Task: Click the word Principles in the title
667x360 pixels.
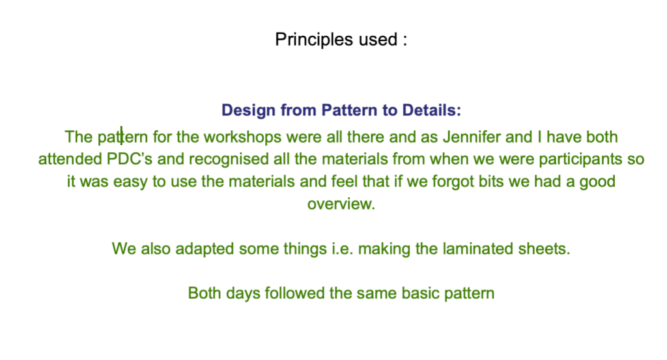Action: click(x=314, y=40)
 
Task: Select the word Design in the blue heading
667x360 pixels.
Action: click(x=248, y=111)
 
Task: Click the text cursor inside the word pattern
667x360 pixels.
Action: click(x=121, y=135)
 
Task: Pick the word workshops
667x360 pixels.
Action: click(x=242, y=137)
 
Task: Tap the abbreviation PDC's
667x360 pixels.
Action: click(x=130, y=159)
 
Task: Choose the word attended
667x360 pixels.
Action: click(x=70, y=159)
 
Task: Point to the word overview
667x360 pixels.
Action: click(x=341, y=204)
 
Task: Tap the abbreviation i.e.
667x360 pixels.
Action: click(x=343, y=249)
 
